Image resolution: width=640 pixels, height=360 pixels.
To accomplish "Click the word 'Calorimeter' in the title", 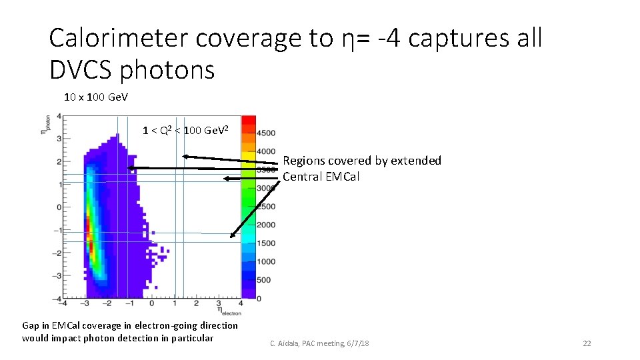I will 119,39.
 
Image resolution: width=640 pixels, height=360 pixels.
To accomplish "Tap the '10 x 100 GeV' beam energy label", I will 96,97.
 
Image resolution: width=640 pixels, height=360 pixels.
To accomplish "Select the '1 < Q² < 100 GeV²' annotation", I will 185,129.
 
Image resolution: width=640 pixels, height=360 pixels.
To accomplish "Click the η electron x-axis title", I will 227,311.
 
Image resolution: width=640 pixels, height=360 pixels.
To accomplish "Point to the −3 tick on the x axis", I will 85,304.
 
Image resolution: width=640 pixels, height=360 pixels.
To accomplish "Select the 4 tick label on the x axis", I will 240,304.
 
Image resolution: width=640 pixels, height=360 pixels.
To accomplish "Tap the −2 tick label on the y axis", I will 57,253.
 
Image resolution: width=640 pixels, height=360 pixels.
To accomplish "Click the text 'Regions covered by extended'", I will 361,161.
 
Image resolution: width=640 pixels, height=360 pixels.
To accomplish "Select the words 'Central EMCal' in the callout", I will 321,177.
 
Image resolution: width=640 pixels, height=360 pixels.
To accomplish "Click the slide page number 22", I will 587,343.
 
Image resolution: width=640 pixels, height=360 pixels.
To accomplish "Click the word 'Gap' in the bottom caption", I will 31,325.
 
